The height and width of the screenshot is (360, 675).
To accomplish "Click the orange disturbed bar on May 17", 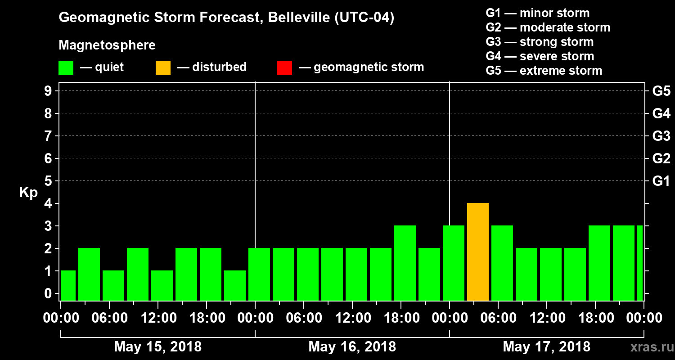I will coord(478,252).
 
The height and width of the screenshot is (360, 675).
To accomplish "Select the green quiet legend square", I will coord(66,67).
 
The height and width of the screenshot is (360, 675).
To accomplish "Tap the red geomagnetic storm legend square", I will coord(284,67).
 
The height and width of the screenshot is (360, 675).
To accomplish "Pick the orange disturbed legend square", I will coord(163,67).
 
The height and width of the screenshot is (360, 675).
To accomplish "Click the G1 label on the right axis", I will coord(661,181).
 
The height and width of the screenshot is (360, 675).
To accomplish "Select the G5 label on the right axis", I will coord(661,91).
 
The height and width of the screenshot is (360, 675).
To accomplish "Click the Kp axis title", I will coord(28,193).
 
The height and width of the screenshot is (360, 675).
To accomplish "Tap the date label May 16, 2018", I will coord(352,346).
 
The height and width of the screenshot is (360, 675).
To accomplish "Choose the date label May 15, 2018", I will coord(157,346).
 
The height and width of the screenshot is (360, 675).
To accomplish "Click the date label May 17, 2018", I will coord(546,346).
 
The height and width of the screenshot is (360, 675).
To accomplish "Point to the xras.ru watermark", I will coord(648,347).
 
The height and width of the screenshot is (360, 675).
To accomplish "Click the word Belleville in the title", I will coord(292,18).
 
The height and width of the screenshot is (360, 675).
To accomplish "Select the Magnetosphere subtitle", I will coord(107,45).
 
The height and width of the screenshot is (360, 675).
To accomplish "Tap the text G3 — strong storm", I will coord(540,42).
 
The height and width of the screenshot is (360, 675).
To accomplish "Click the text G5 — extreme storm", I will coord(544,71).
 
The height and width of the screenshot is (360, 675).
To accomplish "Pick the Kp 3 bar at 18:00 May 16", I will coord(405,263).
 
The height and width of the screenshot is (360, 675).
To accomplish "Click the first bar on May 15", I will coord(68,286).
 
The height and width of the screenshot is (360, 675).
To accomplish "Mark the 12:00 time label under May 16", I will coord(352,318).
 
